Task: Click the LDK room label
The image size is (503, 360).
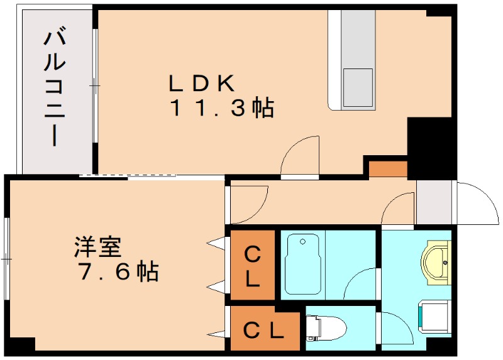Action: (201, 82)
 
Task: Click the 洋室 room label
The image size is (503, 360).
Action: (97, 247)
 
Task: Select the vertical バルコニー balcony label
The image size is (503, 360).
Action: (55, 87)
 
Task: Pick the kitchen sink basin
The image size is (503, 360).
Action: (358, 89)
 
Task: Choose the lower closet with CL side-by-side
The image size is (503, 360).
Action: (263, 329)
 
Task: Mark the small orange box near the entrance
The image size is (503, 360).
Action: (387, 169)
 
